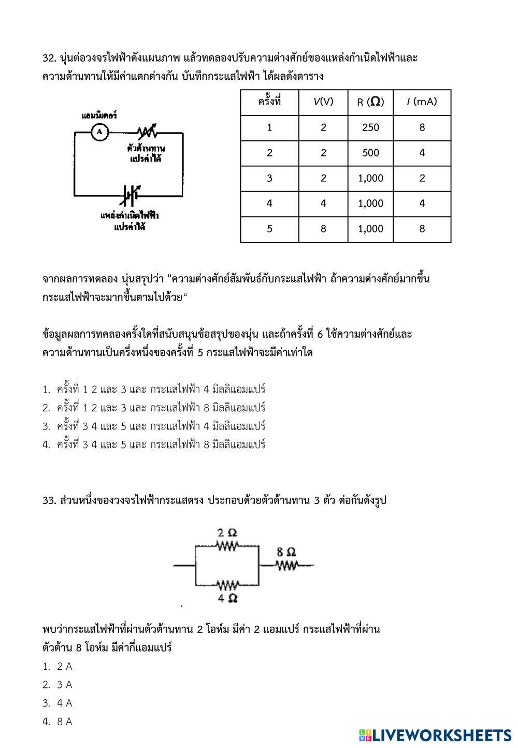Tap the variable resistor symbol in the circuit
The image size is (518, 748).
point(147,132)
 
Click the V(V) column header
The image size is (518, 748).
point(323,102)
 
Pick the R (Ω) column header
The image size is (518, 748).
point(370,102)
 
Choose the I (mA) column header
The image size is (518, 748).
point(422,102)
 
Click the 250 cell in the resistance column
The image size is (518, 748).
point(370,127)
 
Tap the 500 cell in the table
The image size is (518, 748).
point(370,153)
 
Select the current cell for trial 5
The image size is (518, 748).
point(422,229)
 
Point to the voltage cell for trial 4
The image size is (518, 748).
point(323,204)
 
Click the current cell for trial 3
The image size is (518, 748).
point(422,178)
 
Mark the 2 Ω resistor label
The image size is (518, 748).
point(227,533)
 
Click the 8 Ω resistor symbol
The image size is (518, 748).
point(286,565)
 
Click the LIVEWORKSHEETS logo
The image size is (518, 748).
point(435,735)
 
